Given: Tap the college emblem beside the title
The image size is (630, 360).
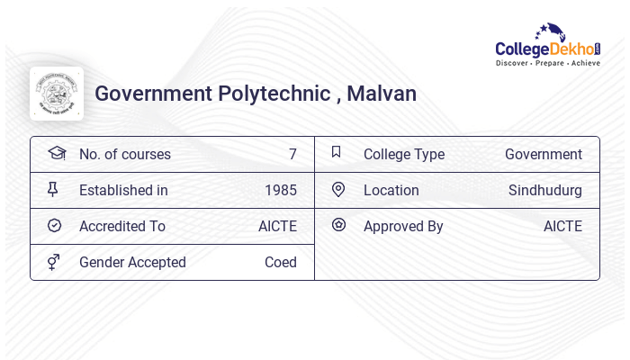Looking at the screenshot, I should click(x=57, y=94).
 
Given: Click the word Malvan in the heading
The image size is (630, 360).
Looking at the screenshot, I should click(x=382, y=94).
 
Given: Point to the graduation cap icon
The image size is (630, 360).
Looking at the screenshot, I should click(x=57, y=153).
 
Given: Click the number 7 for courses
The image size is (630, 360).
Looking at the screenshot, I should click(x=292, y=154).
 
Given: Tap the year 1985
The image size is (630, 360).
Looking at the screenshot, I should click(x=281, y=190).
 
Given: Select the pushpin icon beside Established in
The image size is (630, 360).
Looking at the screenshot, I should click(x=53, y=189).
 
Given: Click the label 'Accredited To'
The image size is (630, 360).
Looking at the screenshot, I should click(x=122, y=226).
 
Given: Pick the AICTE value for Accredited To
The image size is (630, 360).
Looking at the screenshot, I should click(x=277, y=226).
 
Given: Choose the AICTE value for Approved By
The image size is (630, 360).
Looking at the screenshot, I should click(x=562, y=226).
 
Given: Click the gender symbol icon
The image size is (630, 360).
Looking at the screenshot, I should click(x=54, y=262).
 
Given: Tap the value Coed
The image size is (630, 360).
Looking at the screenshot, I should click(x=281, y=262).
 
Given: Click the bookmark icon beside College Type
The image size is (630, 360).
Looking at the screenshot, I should click(x=337, y=152).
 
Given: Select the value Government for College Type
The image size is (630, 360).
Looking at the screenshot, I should click(x=544, y=154).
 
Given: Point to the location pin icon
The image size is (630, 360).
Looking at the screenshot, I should click(x=338, y=189).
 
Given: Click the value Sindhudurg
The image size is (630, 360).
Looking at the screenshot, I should click(x=545, y=190).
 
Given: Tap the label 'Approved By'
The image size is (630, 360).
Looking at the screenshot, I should click(x=403, y=226).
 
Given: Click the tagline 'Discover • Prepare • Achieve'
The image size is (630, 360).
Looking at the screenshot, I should click(x=548, y=64).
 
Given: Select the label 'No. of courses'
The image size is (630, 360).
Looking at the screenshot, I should click(x=125, y=154).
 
